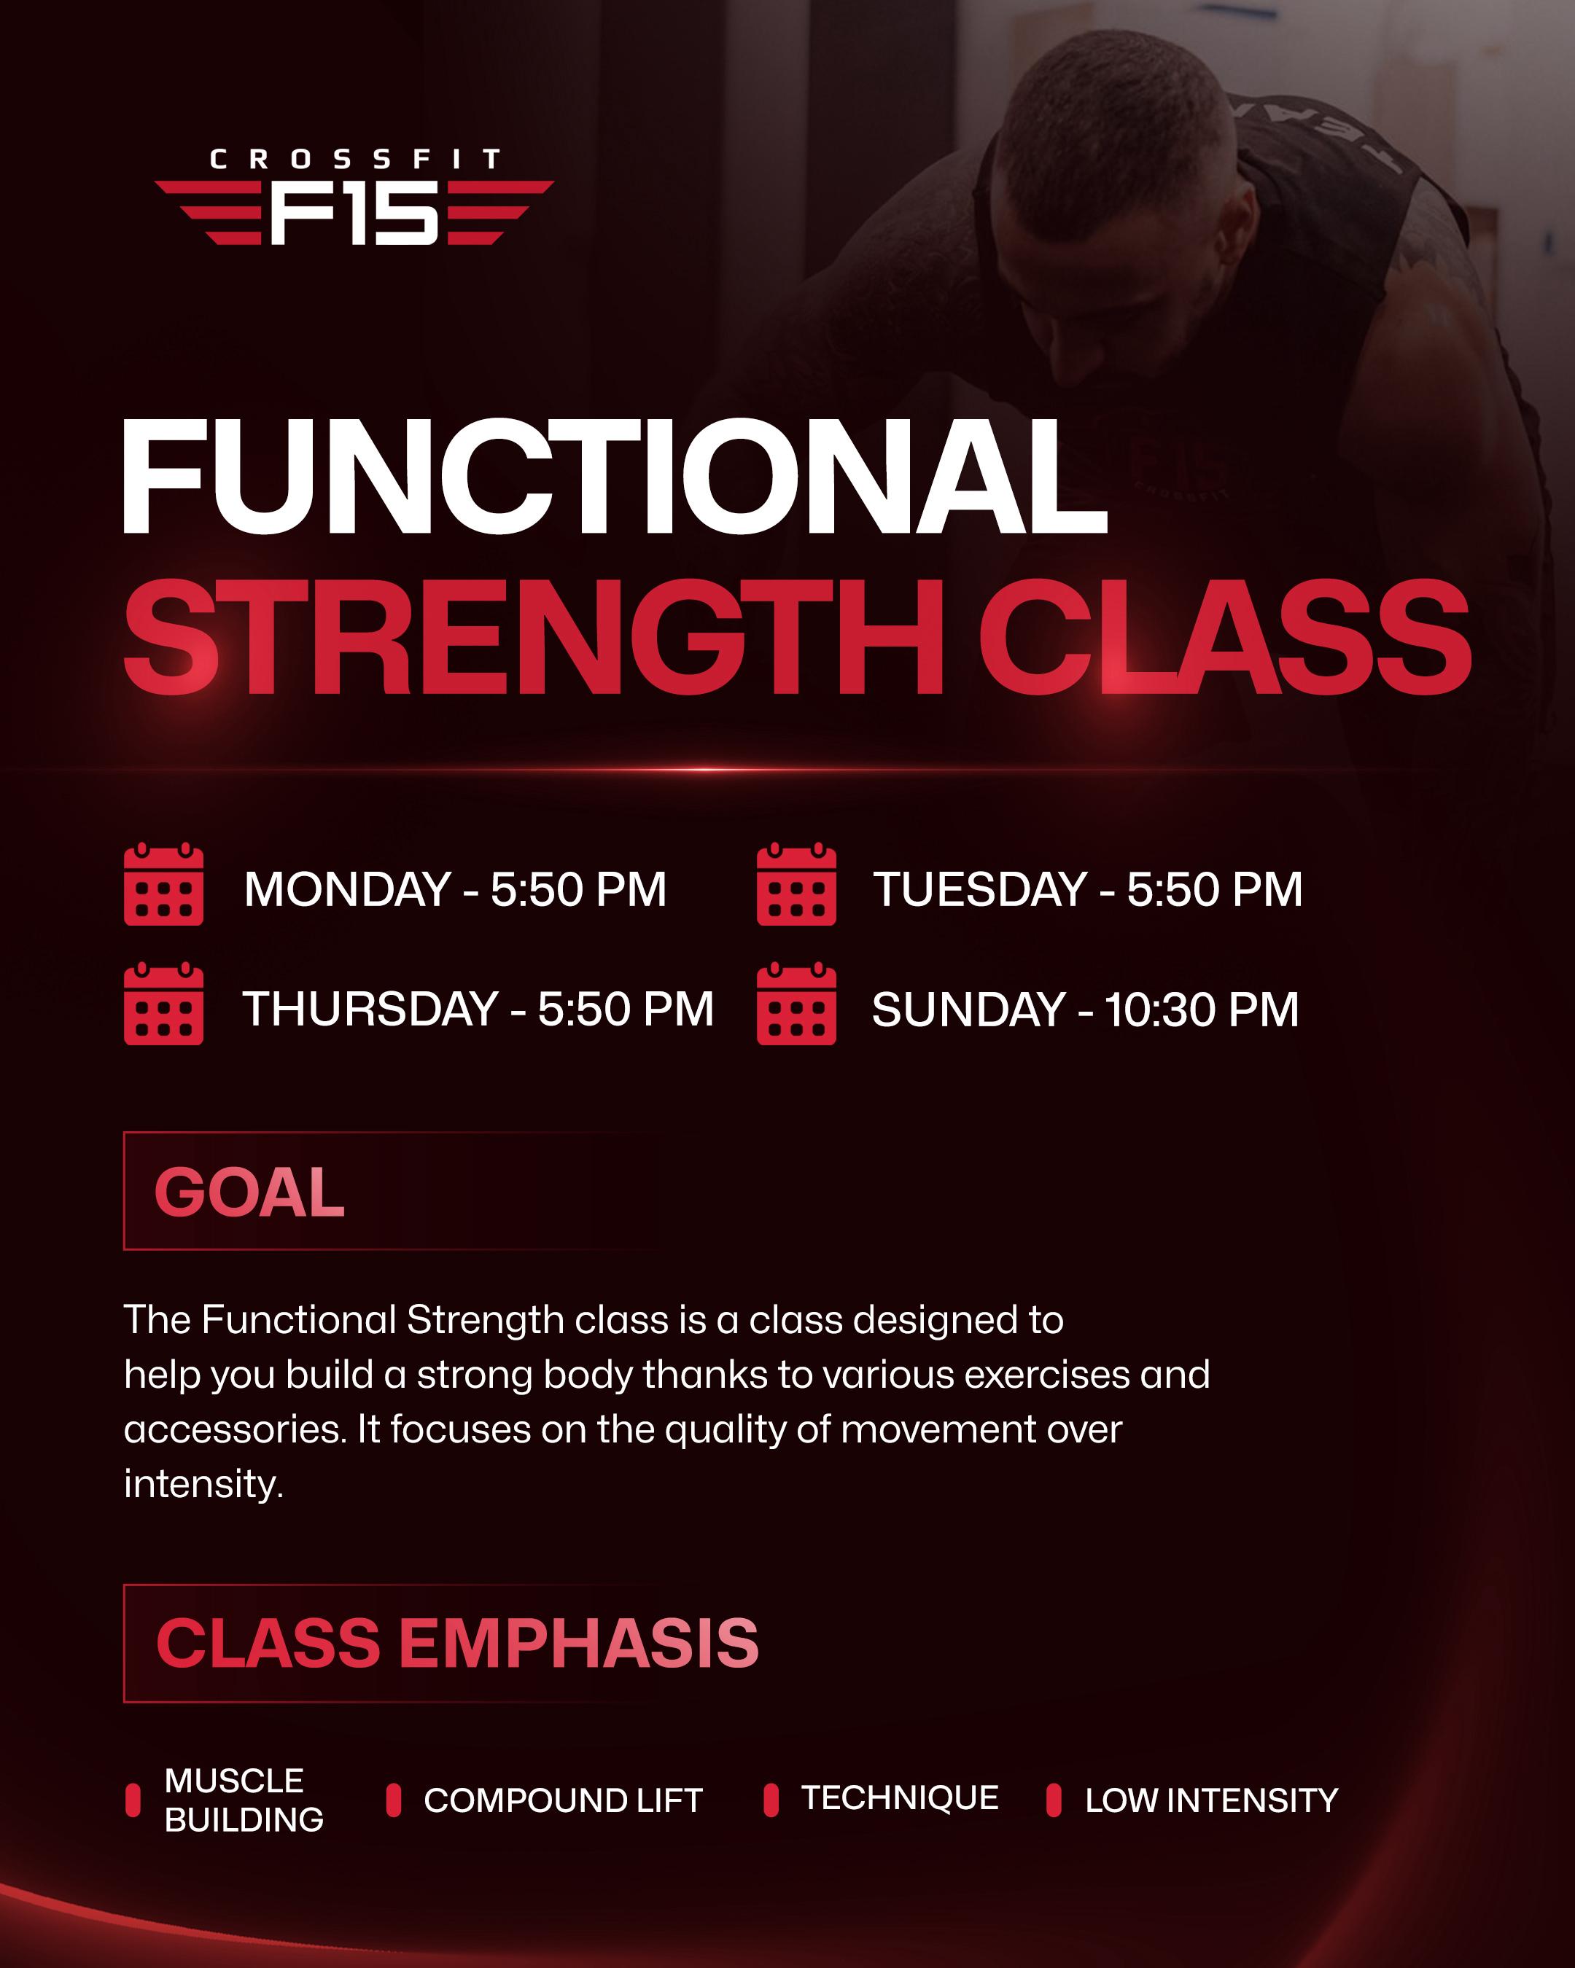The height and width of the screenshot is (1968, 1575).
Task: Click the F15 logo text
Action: [x=354, y=213]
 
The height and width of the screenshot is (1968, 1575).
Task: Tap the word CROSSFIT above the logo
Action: [x=354, y=160]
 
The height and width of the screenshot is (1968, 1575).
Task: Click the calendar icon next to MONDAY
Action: [x=163, y=884]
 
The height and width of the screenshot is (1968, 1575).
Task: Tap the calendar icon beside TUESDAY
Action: [x=796, y=884]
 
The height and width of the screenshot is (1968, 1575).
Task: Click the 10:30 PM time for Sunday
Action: [x=1202, y=1010]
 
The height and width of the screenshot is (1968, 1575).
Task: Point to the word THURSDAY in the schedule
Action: [x=370, y=1010]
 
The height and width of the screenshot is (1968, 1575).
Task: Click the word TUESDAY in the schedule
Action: [x=979, y=890]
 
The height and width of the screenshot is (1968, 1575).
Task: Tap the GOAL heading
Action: [x=249, y=1192]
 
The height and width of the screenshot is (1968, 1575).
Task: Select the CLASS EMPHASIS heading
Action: [x=456, y=1643]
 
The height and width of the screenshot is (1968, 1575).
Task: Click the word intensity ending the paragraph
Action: [x=202, y=1484]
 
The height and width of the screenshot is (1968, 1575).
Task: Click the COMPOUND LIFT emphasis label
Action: [x=562, y=1800]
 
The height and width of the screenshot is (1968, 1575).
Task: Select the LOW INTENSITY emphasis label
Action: [x=1210, y=1800]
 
